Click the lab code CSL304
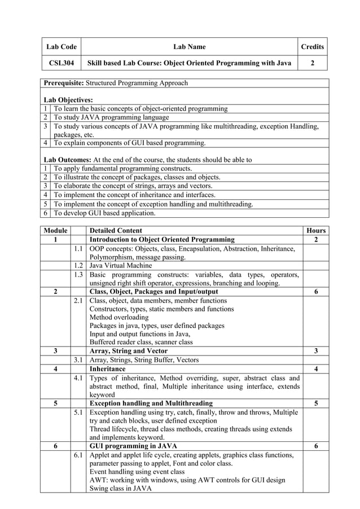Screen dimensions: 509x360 [62, 63]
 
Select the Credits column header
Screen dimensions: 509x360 [312, 47]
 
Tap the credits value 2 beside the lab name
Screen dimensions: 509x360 [312, 63]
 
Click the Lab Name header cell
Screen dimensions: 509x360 [189, 47]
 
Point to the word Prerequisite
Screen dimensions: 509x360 [64, 83]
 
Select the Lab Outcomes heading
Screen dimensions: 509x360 [67, 160]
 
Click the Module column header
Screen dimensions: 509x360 [55, 230]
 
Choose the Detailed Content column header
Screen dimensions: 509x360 [116, 230]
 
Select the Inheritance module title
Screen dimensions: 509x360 [108, 368]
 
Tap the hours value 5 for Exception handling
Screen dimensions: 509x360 [316, 403]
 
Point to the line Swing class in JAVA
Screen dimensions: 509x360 [121, 489]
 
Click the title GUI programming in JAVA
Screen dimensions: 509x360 [133, 446]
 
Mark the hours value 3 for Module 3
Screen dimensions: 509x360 [316, 350]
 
